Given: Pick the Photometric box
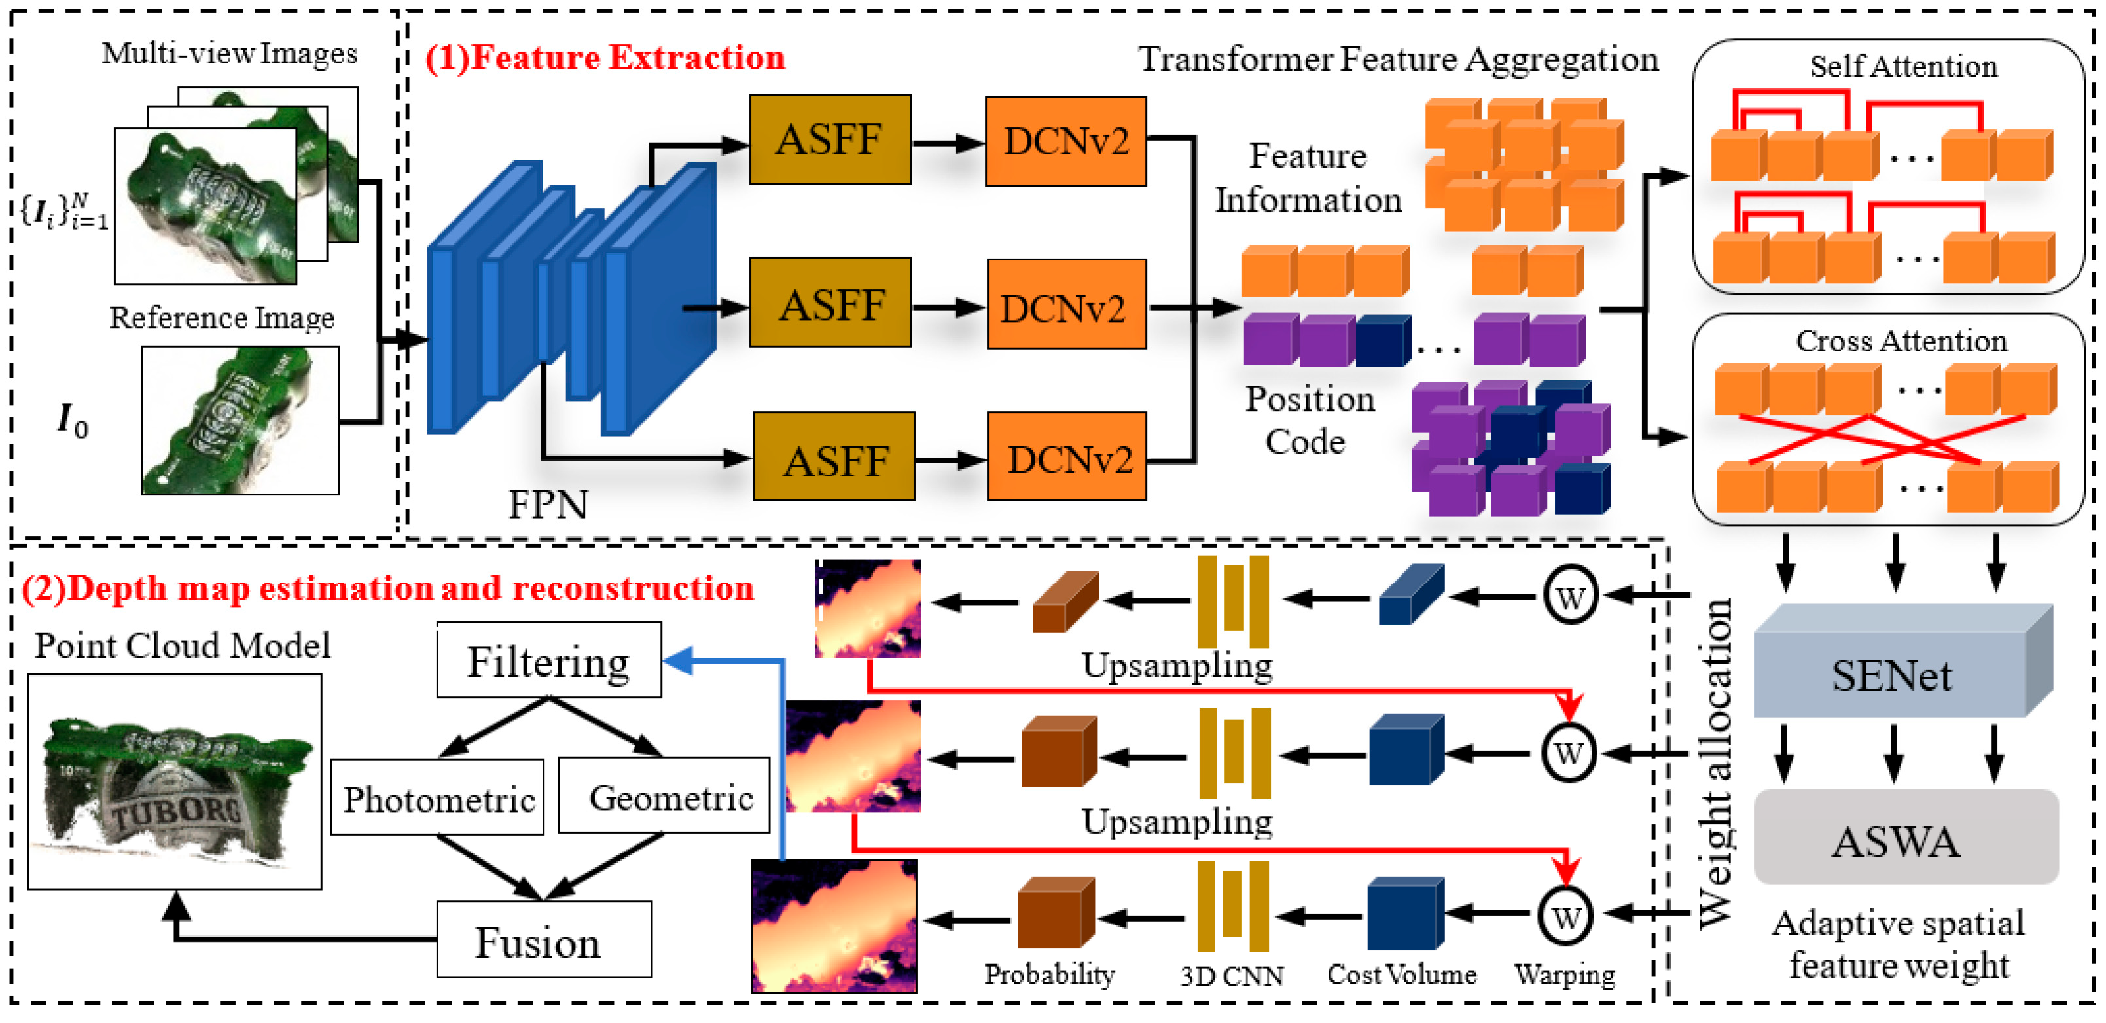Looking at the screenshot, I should pos(437,798).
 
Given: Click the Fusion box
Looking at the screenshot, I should pos(544,940).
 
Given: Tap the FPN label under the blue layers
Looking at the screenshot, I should pos(547,505).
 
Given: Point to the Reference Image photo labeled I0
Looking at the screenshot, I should pos(240,420).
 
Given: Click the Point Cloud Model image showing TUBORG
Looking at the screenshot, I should pos(174,781).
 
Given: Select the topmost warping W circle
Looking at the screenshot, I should pos(1570,596).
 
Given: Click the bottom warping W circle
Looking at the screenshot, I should pos(1565,916).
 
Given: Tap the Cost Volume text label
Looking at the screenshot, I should pos(1401,974).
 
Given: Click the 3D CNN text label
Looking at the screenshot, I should pos(1231,976).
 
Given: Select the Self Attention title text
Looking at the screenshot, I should pos(1902,65).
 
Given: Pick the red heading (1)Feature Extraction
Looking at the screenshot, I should pos(604,57).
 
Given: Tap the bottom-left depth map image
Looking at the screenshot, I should pos(834,925).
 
